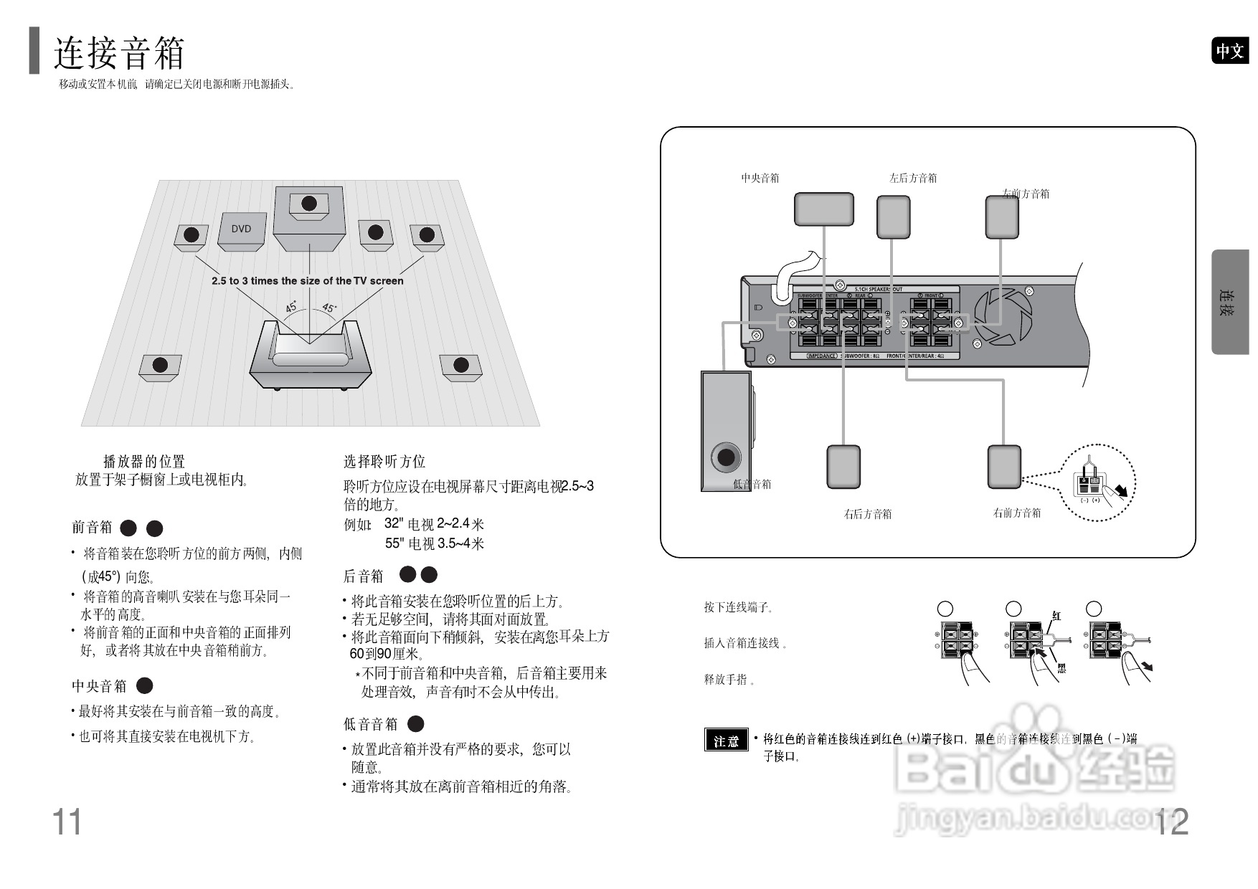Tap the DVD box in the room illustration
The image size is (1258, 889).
pyautogui.click(x=242, y=231)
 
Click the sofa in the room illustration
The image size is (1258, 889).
pyautogui.click(x=311, y=356)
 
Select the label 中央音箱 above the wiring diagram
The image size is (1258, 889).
pyautogui.click(x=760, y=178)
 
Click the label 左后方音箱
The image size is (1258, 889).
pyautogui.click(x=913, y=178)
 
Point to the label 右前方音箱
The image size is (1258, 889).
pyautogui.click(x=1016, y=513)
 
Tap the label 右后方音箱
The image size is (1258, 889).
pyautogui.click(x=867, y=514)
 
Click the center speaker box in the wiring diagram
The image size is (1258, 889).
pyautogui.click(x=823, y=209)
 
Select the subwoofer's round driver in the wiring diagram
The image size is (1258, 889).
pyautogui.click(x=726, y=457)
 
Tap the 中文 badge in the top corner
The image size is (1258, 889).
pyautogui.click(x=1229, y=51)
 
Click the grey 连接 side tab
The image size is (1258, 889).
pyautogui.click(x=1229, y=302)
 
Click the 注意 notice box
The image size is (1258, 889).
pyautogui.click(x=726, y=741)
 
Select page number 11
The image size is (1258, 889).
pyautogui.click(x=67, y=822)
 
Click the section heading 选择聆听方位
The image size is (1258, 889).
pyautogui.click(x=384, y=461)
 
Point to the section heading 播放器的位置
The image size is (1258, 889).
pyautogui.click(x=144, y=461)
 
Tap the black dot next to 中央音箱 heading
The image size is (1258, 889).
pyautogui.click(x=145, y=686)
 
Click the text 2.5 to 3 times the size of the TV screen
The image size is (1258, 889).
pyautogui.click(x=307, y=281)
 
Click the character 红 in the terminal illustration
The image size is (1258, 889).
pyautogui.click(x=1056, y=615)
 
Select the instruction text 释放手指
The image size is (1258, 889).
pyautogui.click(x=727, y=680)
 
